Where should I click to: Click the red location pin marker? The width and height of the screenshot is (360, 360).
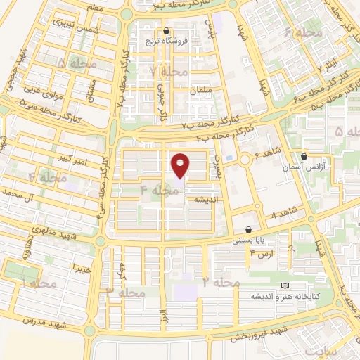(181, 165)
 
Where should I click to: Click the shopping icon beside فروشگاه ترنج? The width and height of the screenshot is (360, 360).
(166, 31)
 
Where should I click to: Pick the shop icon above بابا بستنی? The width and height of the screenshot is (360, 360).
(249, 229)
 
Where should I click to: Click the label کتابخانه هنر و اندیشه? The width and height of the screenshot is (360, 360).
(287, 296)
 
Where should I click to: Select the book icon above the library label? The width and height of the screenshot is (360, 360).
(285, 285)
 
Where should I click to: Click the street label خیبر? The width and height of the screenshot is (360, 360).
(81, 267)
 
